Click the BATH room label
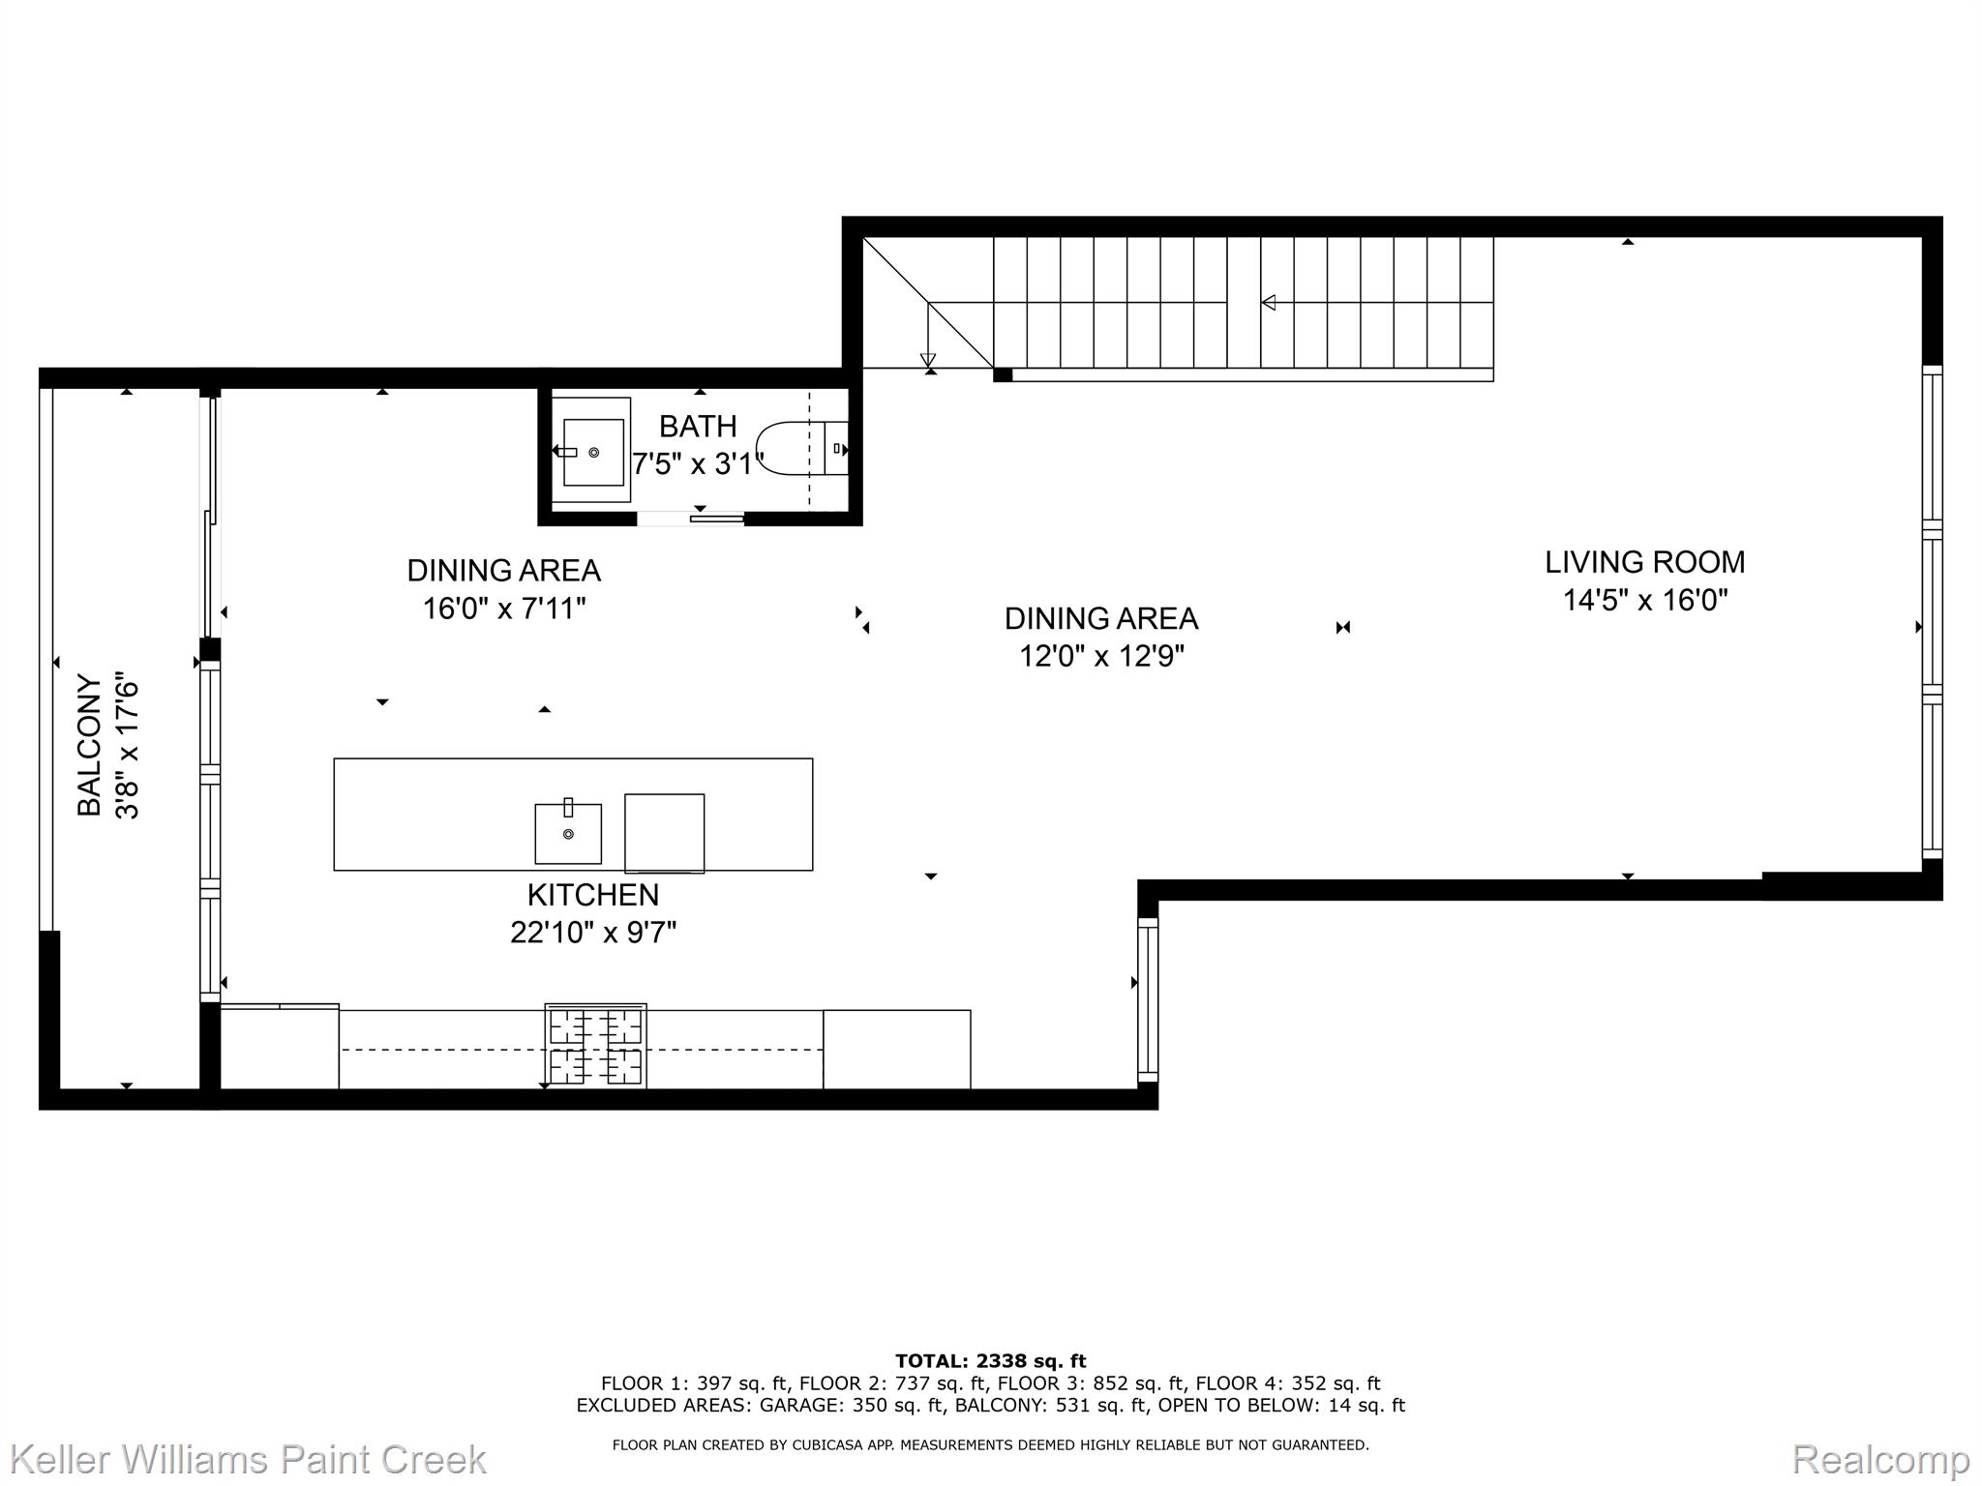pyautogui.click(x=698, y=426)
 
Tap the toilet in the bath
pyautogui.click(x=801, y=449)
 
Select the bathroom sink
pyautogui.click(x=592, y=452)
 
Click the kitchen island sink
pyautogui.click(x=568, y=832)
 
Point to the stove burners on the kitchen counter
pyautogui.click(x=596, y=1047)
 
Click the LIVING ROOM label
pyautogui.click(x=1645, y=562)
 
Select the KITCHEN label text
pyautogui.click(x=593, y=895)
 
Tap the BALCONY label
pyautogui.click(x=90, y=746)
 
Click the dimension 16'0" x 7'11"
pyautogui.click(x=504, y=609)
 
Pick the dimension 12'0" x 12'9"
pyautogui.click(x=1101, y=657)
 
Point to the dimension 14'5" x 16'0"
pyautogui.click(x=1645, y=601)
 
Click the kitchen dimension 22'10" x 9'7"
pyautogui.click(x=593, y=933)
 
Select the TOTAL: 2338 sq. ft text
pyautogui.click(x=990, y=1361)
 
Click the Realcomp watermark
pyautogui.click(x=1881, y=1459)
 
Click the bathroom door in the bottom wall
pyautogui.click(x=691, y=519)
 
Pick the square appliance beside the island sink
pyautogui.click(x=664, y=833)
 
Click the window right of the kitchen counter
pyautogui.click(x=1148, y=999)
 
